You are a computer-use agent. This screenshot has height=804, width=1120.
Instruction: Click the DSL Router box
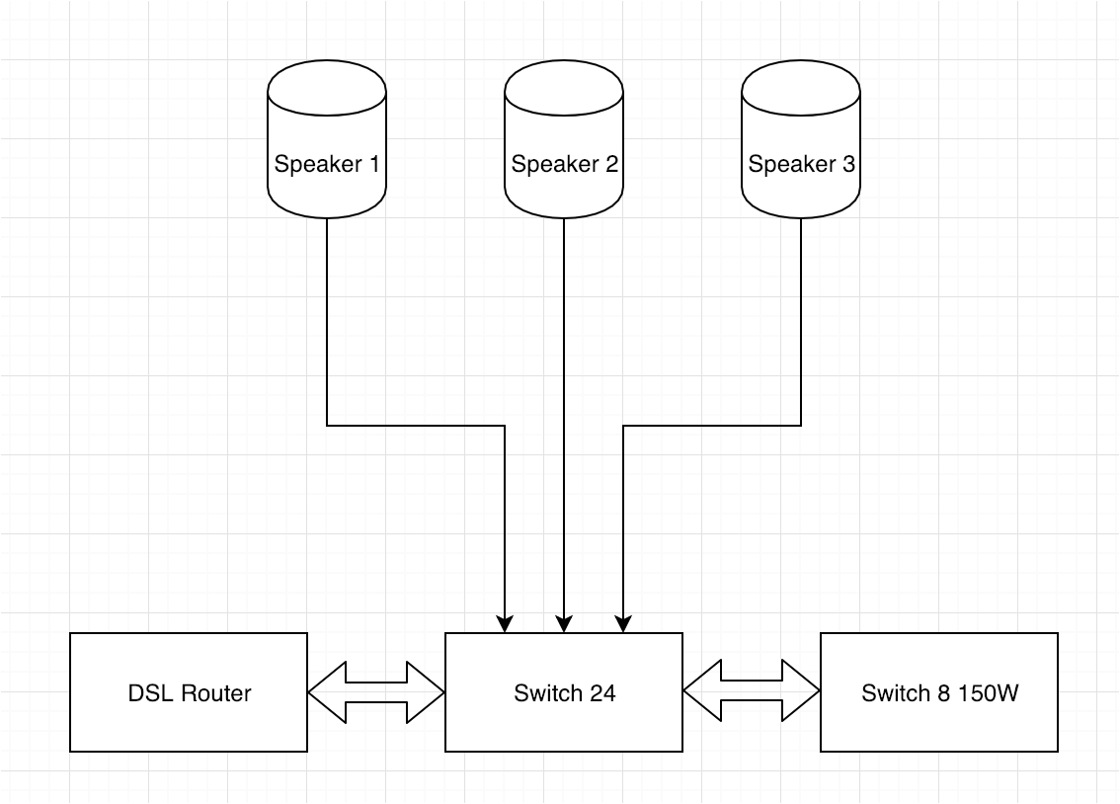[189, 692]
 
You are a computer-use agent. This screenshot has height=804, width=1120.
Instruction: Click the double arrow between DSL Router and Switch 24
[376, 692]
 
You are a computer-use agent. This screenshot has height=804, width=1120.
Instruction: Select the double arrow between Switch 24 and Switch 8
[752, 692]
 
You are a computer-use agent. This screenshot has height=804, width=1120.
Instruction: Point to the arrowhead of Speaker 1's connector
[505, 624]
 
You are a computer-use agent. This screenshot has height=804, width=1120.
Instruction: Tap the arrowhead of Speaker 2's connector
[564, 624]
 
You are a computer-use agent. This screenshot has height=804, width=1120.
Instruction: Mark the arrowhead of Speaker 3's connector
[623, 624]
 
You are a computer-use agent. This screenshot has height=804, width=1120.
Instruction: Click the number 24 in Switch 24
[603, 693]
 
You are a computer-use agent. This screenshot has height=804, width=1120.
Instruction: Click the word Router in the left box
[215, 693]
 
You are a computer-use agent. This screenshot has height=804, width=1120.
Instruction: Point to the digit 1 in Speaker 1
[373, 164]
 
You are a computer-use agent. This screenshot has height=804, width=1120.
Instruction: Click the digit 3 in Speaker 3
[848, 164]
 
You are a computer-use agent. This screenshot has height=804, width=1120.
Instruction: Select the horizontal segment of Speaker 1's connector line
[415, 426]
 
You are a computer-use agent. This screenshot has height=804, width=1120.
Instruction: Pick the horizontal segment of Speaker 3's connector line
[711, 426]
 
